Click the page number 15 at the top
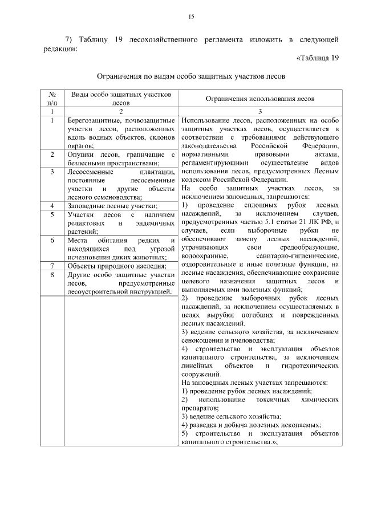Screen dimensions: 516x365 [192, 17]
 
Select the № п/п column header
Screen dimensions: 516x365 [51, 98]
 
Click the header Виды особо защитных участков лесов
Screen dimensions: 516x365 [120, 98]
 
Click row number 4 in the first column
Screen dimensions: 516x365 [51, 205]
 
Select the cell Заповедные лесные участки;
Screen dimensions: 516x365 [112, 205]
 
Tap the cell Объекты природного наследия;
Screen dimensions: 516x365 [116, 265]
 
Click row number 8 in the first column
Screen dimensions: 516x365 [51, 274]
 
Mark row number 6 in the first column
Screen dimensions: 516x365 [51, 240]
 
